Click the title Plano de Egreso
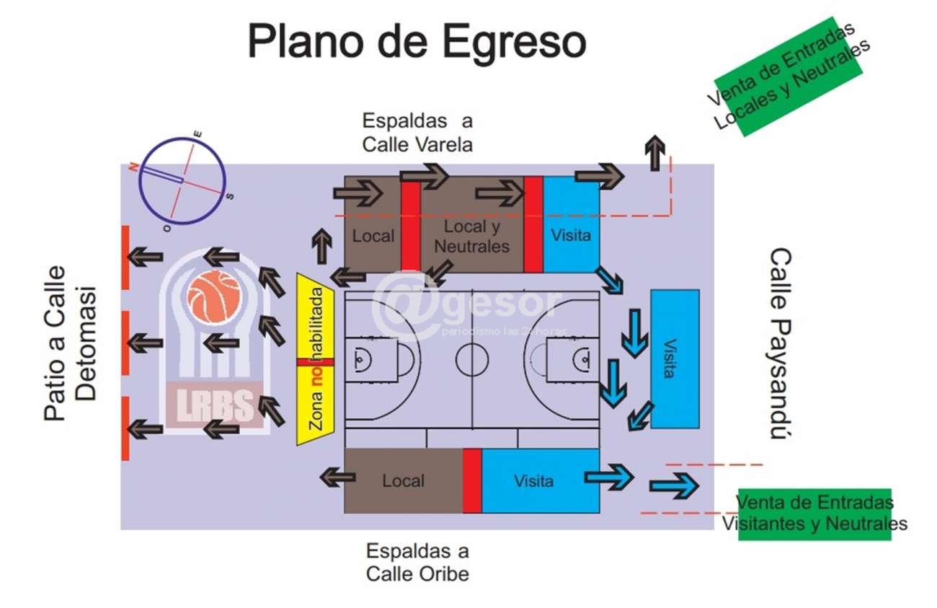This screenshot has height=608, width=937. click(x=417, y=42)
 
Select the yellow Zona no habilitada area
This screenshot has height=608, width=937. click(x=315, y=359)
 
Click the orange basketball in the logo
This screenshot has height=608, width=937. click(x=214, y=297)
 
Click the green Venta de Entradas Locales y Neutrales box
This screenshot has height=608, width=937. click(x=789, y=76)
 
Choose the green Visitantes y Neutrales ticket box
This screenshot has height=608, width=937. click(x=814, y=513)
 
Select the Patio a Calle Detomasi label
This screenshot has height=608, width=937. click(x=70, y=343)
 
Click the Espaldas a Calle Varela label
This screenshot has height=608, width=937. click(x=417, y=132)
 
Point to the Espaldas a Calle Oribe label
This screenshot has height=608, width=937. click(x=417, y=563)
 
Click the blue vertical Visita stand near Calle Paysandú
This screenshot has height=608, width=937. click(x=675, y=358)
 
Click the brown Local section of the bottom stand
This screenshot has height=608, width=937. click(x=403, y=481)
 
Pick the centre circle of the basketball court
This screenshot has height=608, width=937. click(x=472, y=358)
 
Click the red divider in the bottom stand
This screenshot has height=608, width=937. click(x=472, y=481)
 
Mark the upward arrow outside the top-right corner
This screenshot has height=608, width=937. click(x=654, y=153)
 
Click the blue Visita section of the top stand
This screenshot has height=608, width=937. click(x=571, y=225)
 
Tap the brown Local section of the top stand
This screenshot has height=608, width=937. click(x=372, y=225)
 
